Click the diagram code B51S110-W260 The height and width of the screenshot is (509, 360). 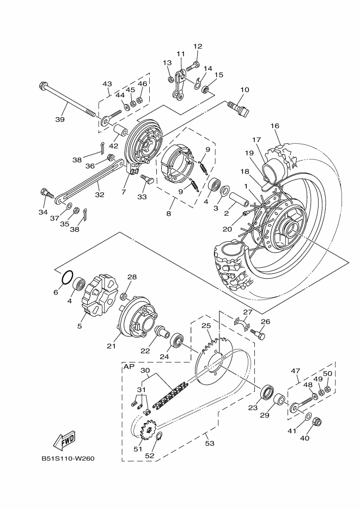pyautogui.click(x=68, y=459)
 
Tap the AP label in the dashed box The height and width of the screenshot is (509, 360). pyautogui.click(x=129, y=367)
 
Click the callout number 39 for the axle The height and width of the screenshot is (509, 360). pyautogui.click(x=60, y=119)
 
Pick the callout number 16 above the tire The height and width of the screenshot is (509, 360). pyautogui.click(x=274, y=126)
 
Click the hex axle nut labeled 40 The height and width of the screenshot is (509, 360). pyautogui.click(x=316, y=422)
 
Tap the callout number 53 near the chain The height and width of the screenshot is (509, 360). pyautogui.click(x=210, y=443)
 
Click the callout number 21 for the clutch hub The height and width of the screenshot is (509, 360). pyautogui.click(x=111, y=346)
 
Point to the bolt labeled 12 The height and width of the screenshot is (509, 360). pyautogui.click(x=192, y=65)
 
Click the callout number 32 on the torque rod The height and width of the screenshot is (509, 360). pyautogui.click(x=100, y=194)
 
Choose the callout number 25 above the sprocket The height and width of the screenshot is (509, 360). pyautogui.click(x=206, y=326)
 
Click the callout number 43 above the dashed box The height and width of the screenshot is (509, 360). pyautogui.click(x=107, y=84)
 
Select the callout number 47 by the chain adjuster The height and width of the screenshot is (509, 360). pyautogui.click(x=295, y=371)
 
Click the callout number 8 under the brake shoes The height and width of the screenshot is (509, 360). pyautogui.click(x=168, y=213)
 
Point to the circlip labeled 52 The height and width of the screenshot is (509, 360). pyautogui.click(x=160, y=438)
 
